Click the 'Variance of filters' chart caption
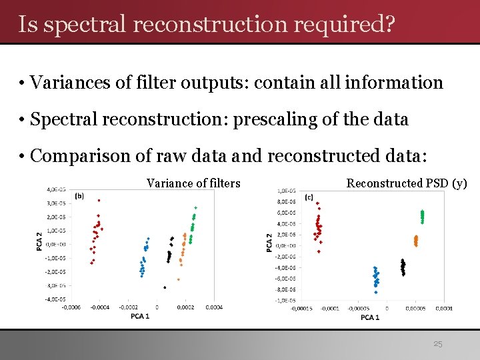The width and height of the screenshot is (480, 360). pyautogui.click(x=193, y=183)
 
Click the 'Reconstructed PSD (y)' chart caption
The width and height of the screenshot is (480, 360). pyautogui.click(x=407, y=183)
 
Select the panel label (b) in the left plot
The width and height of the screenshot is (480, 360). pyautogui.click(x=79, y=196)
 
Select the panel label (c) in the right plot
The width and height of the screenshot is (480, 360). pyautogui.click(x=309, y=197)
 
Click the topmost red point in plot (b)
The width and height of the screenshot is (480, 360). pyautogui.click(x=99, y=200)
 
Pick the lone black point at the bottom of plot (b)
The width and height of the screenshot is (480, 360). pyautogui.click(x=164, y=287)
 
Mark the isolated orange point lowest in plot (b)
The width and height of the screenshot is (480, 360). pyautogui.click(x=179, y=279)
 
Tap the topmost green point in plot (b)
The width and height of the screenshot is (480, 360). pyautogui.click(x=195, y=208)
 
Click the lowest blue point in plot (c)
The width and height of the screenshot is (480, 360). pyautogui.click(x=377, y=292)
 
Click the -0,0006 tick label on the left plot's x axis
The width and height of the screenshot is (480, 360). pyautogui.click(x=72, y=307)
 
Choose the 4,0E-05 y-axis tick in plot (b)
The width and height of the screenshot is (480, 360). pyautogui.click(x=55, y=189)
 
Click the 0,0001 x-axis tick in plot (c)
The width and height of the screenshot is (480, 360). pyautogui.click(x=444, y=308)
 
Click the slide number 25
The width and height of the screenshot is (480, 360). pyautogui.click(x=437, y=345)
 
